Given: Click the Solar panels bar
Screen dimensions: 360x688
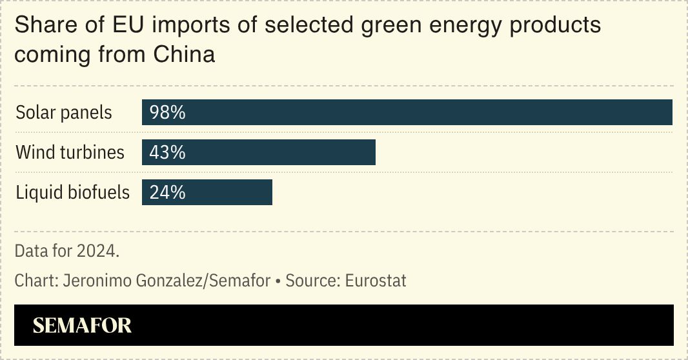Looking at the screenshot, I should tap(407, 112).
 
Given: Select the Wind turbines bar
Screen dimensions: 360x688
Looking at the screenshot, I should tap(258, 152).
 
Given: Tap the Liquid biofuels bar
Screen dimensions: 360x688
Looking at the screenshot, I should tap(207, 192).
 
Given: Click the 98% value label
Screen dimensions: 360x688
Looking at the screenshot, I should tap(167, 113).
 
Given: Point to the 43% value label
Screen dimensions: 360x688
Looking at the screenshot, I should tap(167, 153).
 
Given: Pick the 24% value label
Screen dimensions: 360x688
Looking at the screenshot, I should tap(167, 192).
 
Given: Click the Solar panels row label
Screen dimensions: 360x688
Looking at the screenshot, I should tap(64, 113).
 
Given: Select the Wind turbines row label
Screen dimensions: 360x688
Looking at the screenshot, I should tap(70, 153).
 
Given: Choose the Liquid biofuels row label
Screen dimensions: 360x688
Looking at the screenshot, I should tap(72, 192).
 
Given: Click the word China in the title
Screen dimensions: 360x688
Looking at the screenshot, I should tap(184, 54).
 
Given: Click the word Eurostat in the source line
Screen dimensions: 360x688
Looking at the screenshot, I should tap(376, 281).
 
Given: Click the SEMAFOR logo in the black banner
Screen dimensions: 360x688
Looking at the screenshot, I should tap(82, 325).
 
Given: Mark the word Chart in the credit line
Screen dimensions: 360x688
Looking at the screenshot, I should tap(30, 281).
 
